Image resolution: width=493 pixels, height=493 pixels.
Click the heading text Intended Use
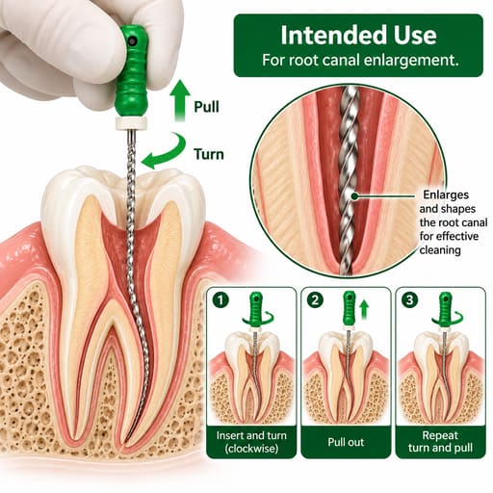(x=358, y=35)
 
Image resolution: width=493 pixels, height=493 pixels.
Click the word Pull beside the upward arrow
(x=207, y=107)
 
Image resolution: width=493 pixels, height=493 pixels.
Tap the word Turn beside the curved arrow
(x=209, y=154)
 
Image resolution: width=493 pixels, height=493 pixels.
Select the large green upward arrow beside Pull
(x=180, y=100)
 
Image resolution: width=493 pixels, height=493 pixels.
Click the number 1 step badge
(x=221, y=300)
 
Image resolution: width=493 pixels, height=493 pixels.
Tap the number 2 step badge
(x=315, y=300)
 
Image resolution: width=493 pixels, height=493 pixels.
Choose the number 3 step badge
(x=409, y=300)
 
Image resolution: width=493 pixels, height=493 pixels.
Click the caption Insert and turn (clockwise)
(x=251, y=442)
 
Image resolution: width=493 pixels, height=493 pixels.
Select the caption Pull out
(x=346, y=442)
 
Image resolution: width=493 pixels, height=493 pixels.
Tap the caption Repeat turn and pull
(x=440, y=442)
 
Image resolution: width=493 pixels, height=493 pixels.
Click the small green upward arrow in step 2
(x=364, y=309)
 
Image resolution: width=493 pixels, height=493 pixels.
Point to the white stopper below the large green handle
(x=131, y=122)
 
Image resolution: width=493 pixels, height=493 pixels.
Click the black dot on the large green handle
(x=132, y=40)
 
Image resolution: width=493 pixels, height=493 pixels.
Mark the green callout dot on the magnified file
(x=354, y=195)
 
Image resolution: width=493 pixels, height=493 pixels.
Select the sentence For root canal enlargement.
(x=360, y=60)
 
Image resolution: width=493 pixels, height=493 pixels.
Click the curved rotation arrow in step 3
(x=448, y=319)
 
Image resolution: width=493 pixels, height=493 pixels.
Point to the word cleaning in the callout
(x=440, y=250)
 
